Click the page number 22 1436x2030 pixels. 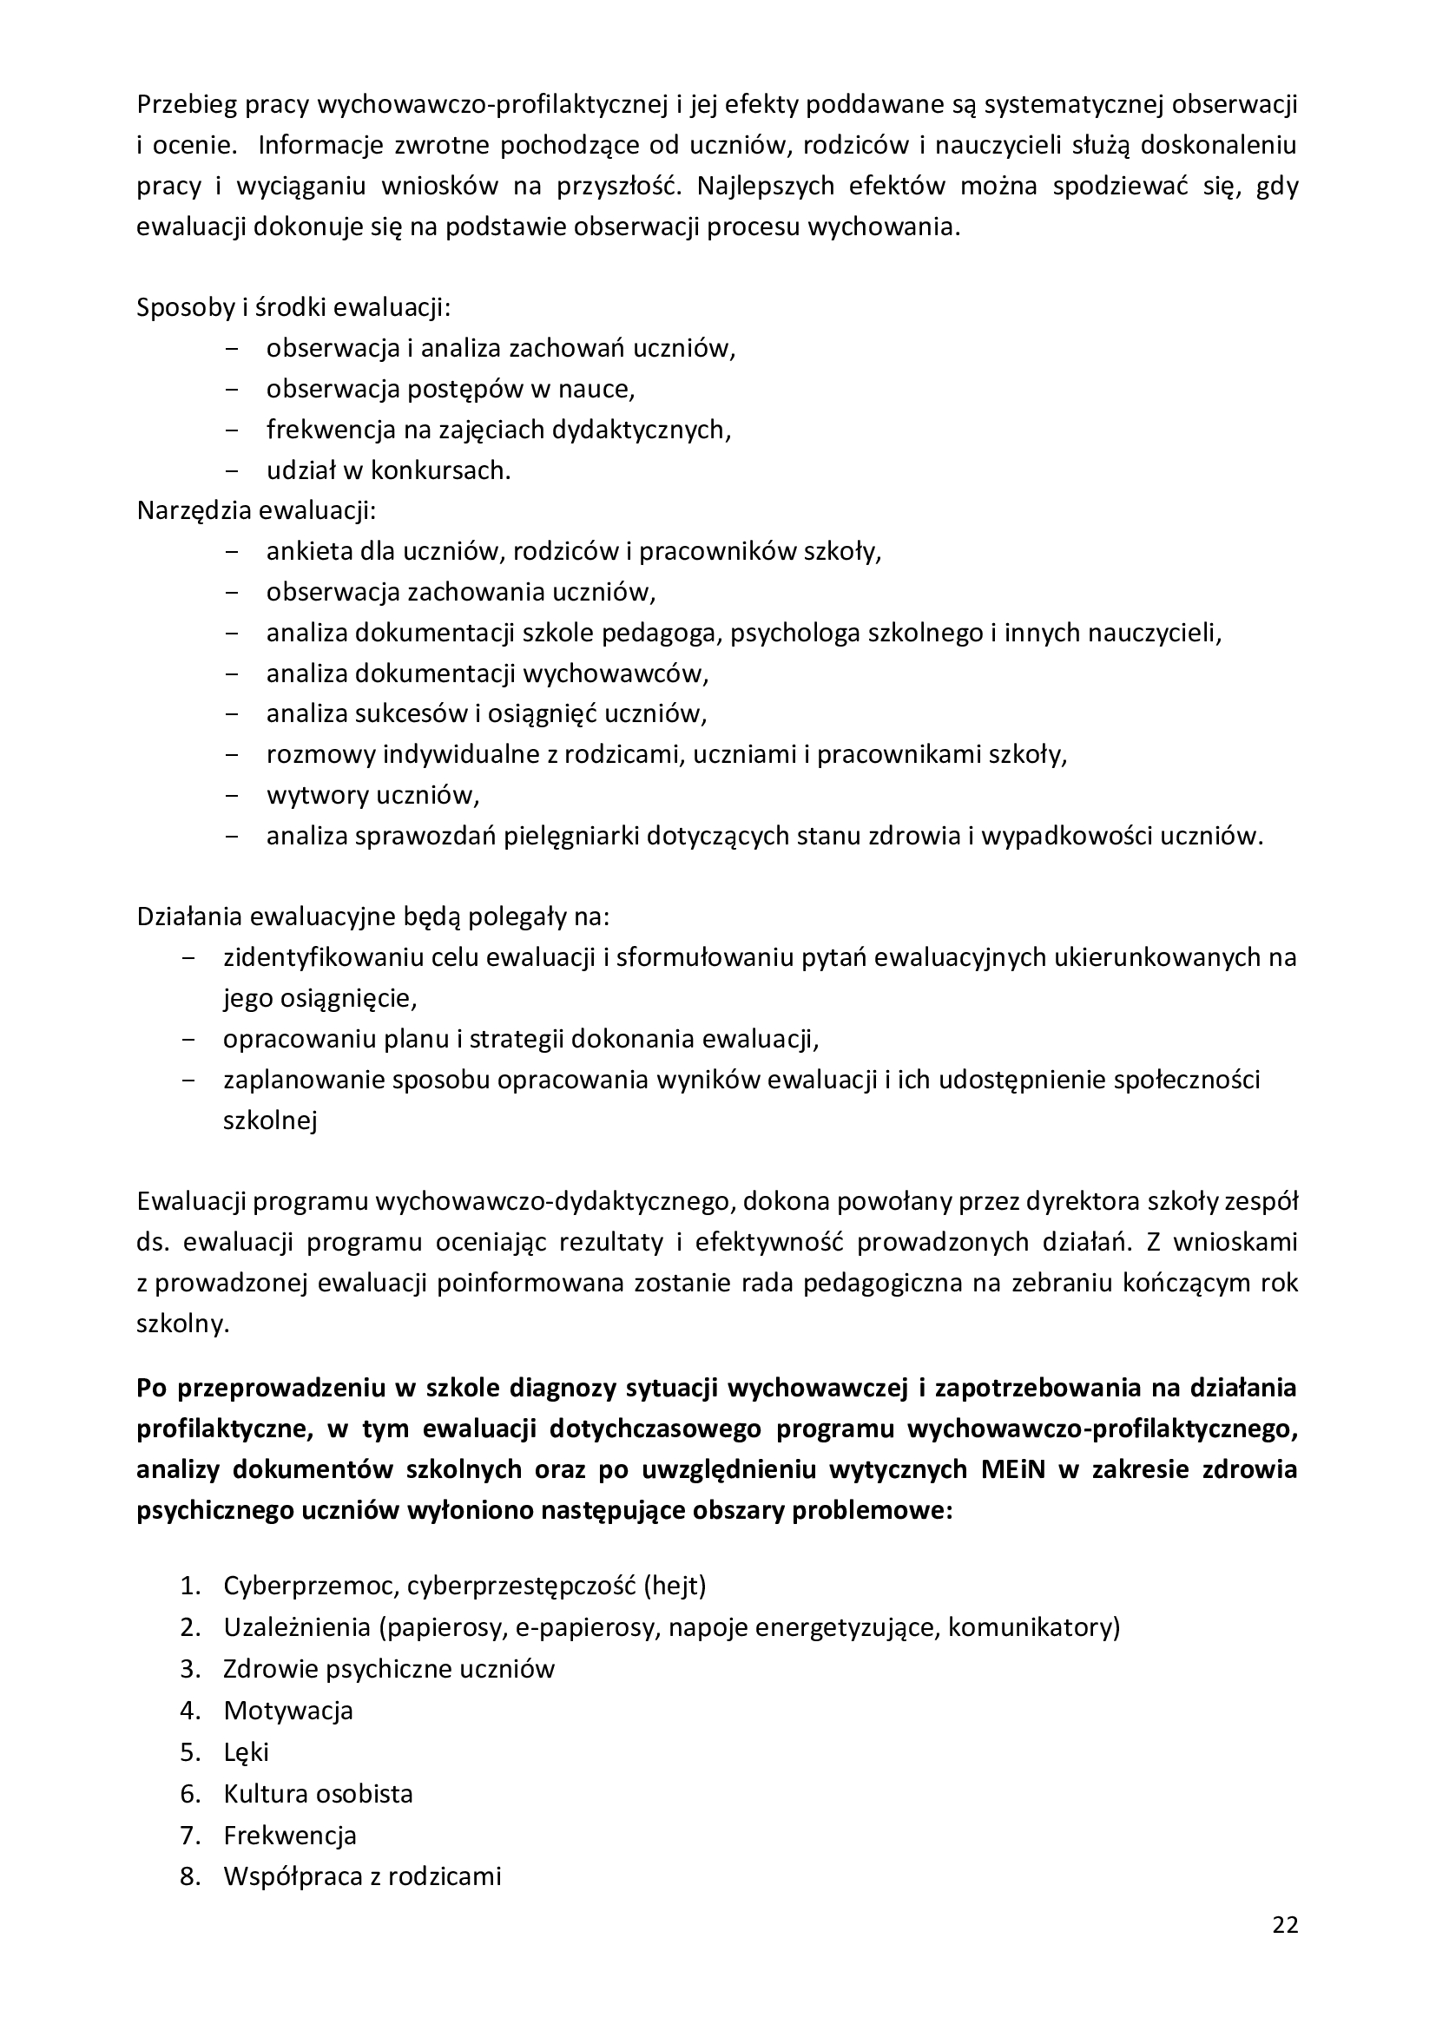point(1285,1926)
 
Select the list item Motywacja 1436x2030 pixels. point(288,1710)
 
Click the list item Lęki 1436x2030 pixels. point(246,1751)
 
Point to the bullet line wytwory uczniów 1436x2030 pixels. point(372,796)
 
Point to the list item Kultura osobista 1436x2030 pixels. point(319,1793)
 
